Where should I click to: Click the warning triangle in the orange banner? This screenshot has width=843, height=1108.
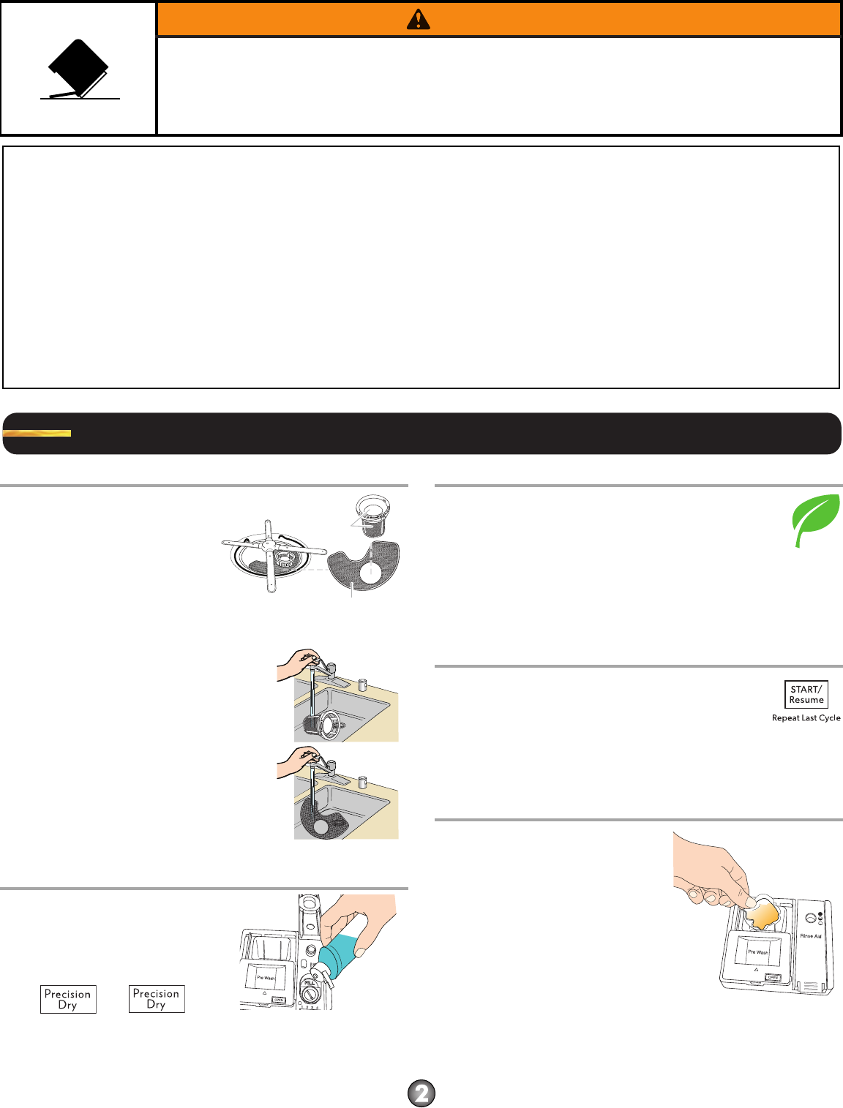[x=418, y=20]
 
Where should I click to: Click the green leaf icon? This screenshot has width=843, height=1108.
[x=815, y=520]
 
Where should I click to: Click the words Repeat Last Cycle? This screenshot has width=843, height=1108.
[x=806, y=718]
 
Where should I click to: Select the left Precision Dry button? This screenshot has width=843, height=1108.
[x=68, y=999]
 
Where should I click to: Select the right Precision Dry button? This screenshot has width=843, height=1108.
[x=157, y=999]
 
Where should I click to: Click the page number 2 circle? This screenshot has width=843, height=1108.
[x=421, y=1093]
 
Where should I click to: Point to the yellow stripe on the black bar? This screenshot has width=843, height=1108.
[x=37, y=433]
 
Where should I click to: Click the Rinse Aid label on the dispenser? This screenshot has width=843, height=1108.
[x=811, y=936]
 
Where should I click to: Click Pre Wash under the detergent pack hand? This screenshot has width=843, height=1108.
[x=757, y=952]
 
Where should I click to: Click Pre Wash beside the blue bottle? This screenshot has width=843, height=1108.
[x=265, y=978]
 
